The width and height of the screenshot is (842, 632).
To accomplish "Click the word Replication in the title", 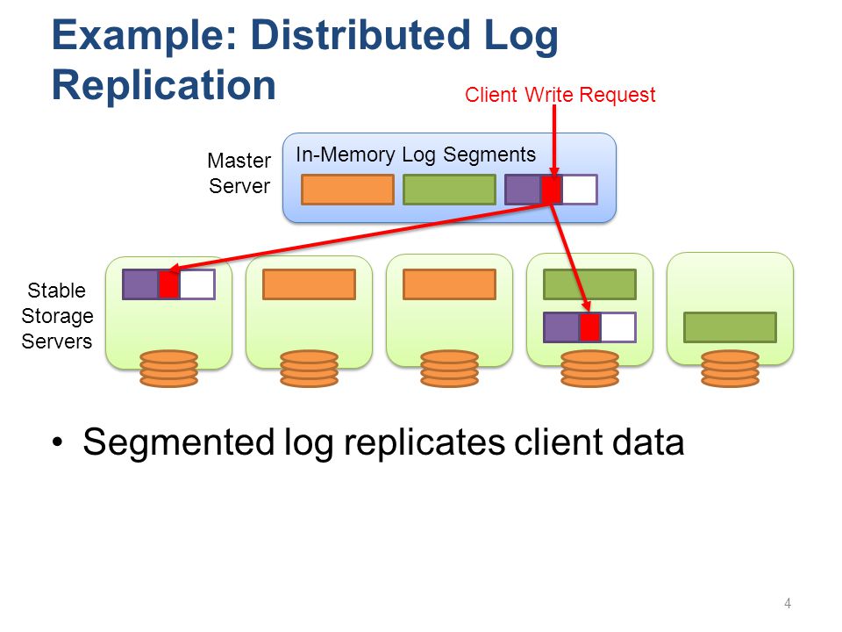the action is click(x=164, y=86).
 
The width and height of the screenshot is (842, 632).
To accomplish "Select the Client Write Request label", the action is click(x=560, y=95).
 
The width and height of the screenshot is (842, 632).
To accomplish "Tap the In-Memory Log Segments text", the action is click(x=416, y=154).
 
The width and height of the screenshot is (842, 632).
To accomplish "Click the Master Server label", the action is click(x=239, y=173).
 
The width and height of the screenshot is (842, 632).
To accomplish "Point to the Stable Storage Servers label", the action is click(x=57, y=316).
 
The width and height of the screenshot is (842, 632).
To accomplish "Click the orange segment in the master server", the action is click(x=347, y=190).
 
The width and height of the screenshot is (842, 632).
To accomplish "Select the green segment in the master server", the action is click(x=449, y=190).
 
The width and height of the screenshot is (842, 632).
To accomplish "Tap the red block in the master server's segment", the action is click(x=552, y=190).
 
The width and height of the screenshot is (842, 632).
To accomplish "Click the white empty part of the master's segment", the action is click(x=580, y=190).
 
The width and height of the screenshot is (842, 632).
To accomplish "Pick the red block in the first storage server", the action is click(x=168, y=284).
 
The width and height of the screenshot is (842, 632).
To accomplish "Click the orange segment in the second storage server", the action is click(x=310, y=284).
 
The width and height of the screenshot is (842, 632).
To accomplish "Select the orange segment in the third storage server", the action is click(x=449, y=284).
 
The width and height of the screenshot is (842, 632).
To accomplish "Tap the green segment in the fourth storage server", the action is click(x=589, y=284).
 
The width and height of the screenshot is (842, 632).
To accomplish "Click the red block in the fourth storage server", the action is click(x=589, y=327).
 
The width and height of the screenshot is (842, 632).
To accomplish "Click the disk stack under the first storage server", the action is click(x=168, y=369).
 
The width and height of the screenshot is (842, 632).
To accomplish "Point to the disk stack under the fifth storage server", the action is click(x=731, y=369).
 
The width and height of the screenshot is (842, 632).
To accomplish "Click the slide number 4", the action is click(x=788, y=604).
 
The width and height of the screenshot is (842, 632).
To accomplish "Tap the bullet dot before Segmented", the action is click(x=58, y=442).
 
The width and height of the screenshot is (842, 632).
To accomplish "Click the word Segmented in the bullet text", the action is click(x=178, y=443).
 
